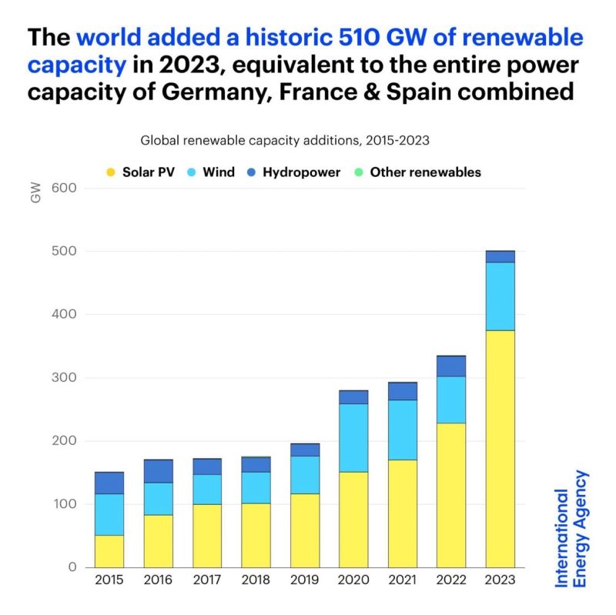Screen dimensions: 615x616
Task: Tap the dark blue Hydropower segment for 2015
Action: tap(109, 483)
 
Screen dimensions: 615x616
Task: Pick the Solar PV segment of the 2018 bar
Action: tap(256, 535)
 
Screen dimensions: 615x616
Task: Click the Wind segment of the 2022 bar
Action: tap(451, 399)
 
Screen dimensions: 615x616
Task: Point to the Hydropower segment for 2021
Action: tap(402, 391)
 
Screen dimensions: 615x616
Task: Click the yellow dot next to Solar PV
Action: tap(111, 172)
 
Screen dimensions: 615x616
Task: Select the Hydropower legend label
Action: tap(301, 172)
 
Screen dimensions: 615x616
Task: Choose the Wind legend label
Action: tap(219, 172)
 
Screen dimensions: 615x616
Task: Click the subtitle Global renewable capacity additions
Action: tap(284, 141)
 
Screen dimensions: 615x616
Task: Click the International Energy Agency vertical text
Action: tap(571, 529)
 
